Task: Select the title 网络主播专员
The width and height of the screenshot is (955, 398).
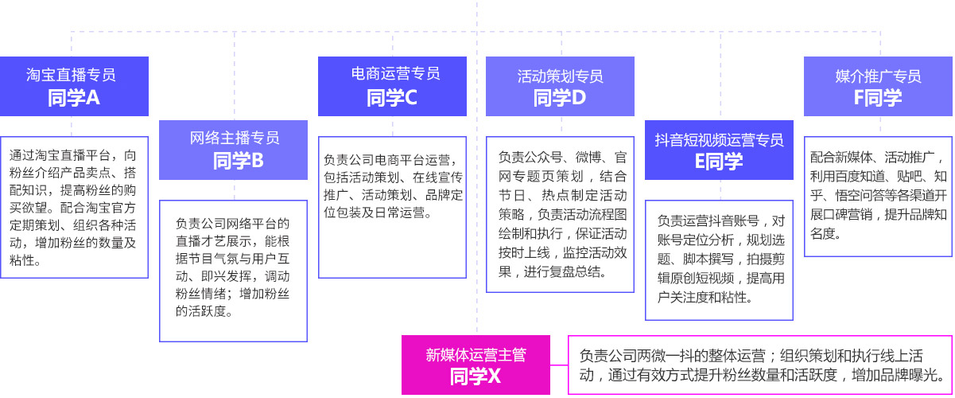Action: [235, 139]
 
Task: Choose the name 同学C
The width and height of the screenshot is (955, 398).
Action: [391, 98]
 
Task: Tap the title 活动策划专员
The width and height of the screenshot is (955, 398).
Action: [560, 76]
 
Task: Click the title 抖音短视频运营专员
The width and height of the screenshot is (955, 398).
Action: [719, 139]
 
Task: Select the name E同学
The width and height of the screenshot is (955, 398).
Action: [718, 162]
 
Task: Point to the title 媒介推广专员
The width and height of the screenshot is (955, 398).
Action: [878, 76]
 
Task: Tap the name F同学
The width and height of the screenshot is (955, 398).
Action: [878, 98]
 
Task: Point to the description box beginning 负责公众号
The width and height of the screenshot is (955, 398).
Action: [560, 213]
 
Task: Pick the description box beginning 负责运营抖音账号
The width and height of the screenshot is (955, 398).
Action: [719, 259]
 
